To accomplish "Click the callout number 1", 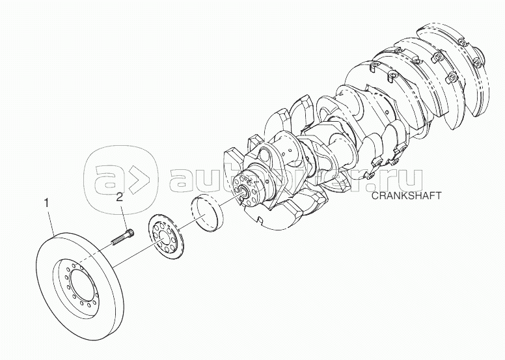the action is (x=47, y=203).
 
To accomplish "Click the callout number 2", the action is (x=120, y=197).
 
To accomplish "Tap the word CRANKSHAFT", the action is (x=406, y=195).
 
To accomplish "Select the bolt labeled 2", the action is (x=123, y=237).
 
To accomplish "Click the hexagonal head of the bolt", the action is (x=130, y=232).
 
